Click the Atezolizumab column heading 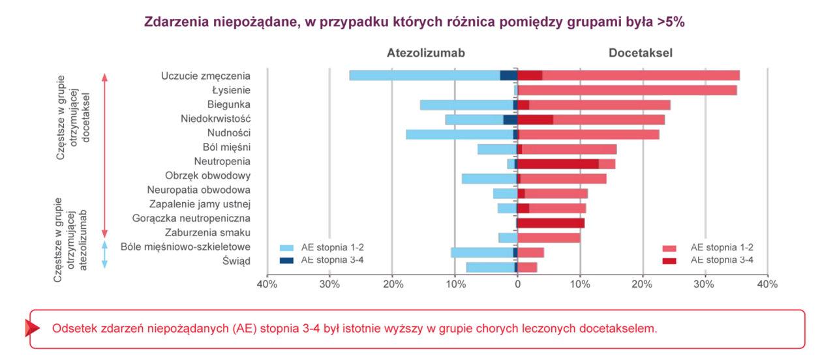tap(425, 53)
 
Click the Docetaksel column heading tap(641, 53)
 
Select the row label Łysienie tap(232, 90)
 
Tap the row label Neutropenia tap(222, 161)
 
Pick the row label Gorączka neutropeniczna tap(191, 218)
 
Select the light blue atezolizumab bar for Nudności tap(459, 134)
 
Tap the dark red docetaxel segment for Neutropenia tap(558, 163)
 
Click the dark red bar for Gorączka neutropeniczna tap(551, 223)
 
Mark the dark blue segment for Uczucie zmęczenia tap(508, 75)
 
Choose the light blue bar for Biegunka tap(466, 105)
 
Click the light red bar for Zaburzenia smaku tap(549, 237)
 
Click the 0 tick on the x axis tap(517, 284)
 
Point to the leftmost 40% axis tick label tap(267, 284)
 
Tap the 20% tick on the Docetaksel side tap(643, 284)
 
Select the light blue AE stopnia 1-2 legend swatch tap(286, 248)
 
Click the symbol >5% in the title tap(671, 22)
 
